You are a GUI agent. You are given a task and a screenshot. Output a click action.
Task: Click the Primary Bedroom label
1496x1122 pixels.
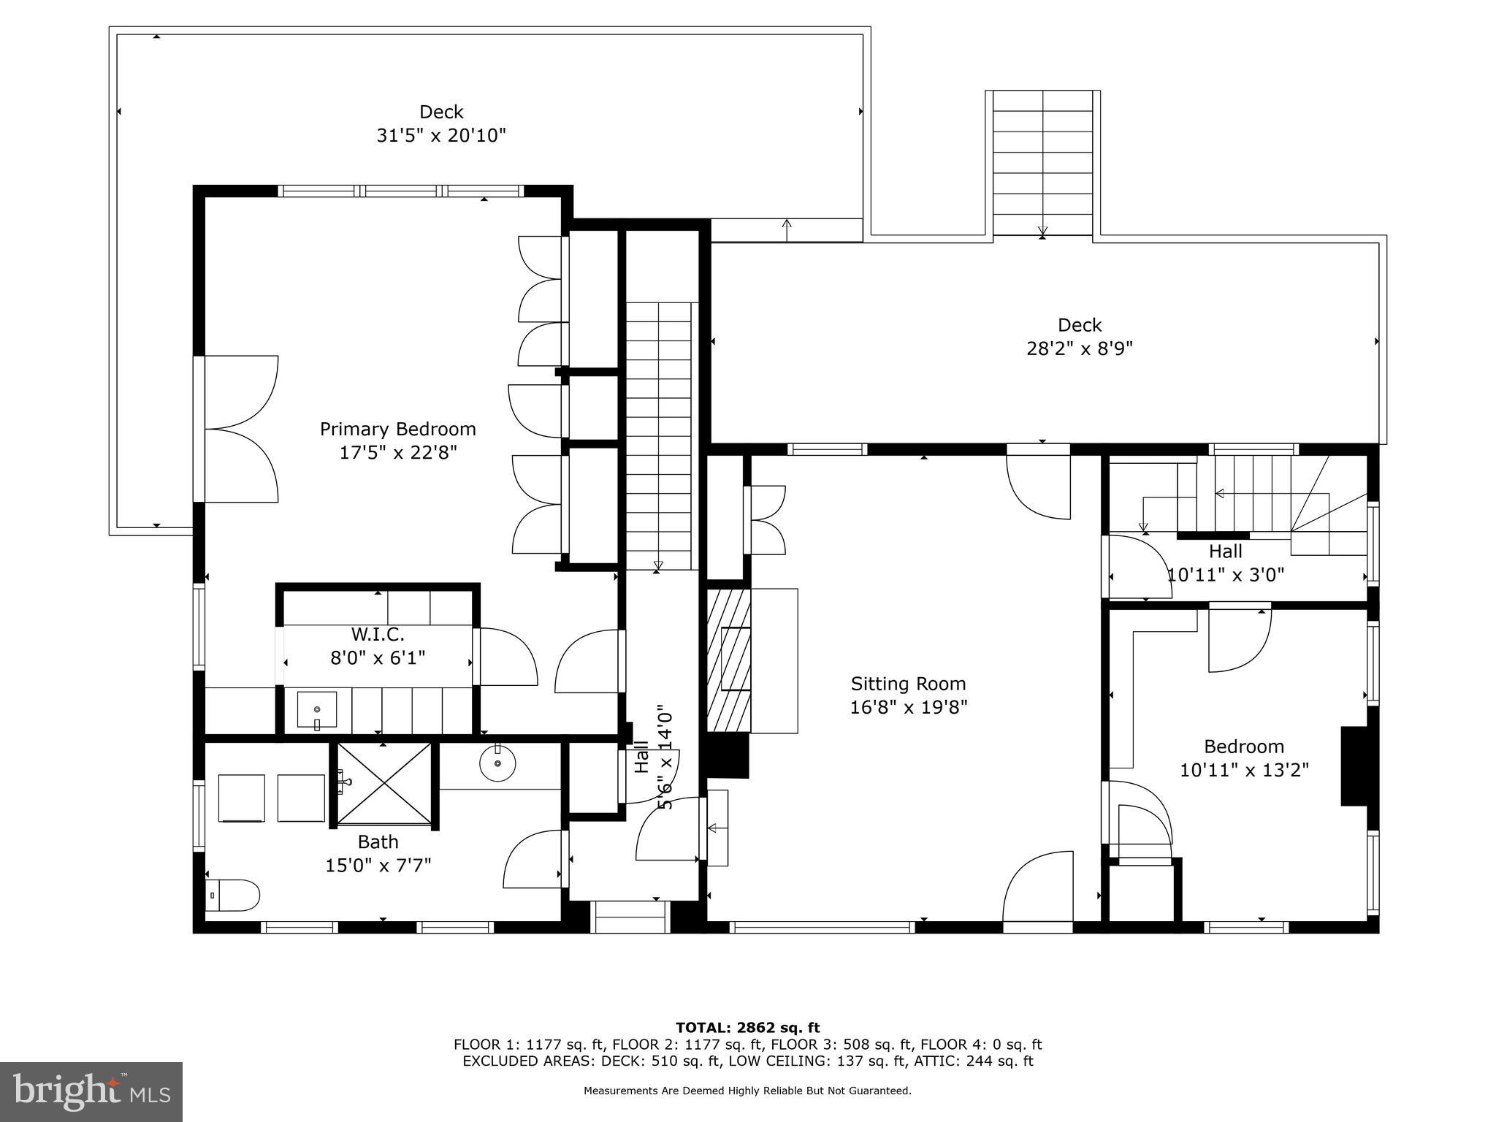coord(397,429)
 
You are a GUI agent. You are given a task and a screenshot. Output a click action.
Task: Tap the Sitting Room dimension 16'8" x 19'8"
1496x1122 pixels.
coord(908,707)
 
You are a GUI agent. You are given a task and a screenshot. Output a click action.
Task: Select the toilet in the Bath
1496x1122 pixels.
coord(232,895)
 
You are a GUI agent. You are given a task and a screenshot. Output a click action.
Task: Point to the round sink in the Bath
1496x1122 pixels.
coord(497,764)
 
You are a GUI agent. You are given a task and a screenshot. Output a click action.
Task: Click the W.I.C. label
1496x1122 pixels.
coord(378,634)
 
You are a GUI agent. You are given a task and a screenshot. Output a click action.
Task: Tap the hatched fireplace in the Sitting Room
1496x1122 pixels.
coord(728,660)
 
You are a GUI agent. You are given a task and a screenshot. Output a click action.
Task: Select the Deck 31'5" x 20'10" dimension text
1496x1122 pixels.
coord(440,136)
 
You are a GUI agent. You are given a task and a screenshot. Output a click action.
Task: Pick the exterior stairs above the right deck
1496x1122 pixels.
coord(1042,162)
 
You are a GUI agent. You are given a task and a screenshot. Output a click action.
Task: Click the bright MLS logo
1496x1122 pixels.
coord(91,1092)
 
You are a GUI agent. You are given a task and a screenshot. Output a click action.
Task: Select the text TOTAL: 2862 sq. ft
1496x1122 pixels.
coord(747,1028)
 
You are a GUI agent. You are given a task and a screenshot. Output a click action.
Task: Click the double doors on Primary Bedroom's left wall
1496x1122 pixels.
coord(240,430)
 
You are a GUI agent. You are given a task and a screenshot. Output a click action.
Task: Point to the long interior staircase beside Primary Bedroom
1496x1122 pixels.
coord(658,435)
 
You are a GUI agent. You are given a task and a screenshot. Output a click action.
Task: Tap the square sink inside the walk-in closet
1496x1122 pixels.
coord(317,710)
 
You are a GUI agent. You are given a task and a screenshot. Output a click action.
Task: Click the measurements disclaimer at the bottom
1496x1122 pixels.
coord(747,1091)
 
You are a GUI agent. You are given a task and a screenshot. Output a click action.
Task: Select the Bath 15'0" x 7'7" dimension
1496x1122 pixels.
coord(378,866)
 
